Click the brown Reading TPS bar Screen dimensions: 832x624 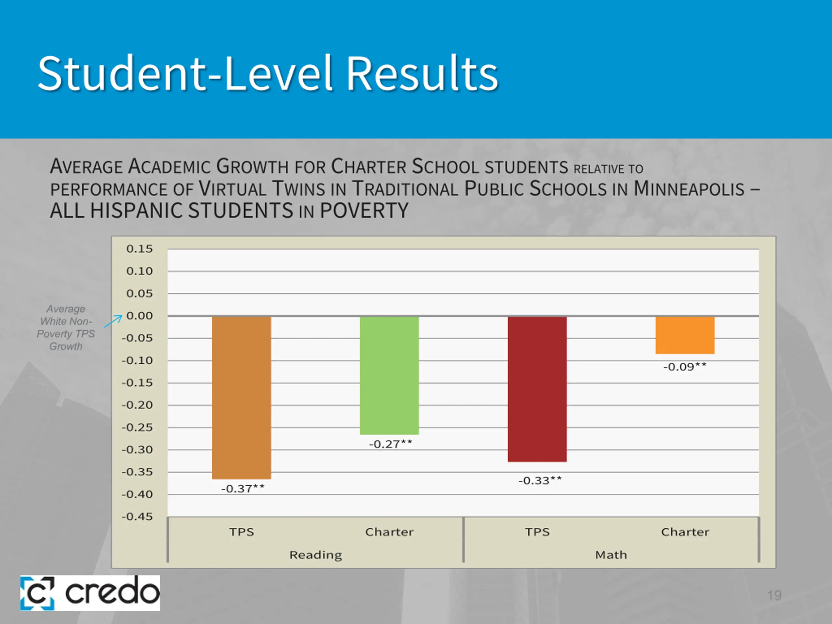(241, 397)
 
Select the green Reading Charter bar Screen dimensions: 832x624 (389, 375)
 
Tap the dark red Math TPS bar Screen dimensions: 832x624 (537, 389)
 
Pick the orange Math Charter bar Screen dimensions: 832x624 (685, 335)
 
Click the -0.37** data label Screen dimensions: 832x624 (242, 488)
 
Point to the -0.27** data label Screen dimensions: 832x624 (390, 444)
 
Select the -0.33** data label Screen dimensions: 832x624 (540, 480)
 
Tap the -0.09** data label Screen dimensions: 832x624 (684, 367)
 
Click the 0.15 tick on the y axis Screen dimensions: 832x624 (139, 249)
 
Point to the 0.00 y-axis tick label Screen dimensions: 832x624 (139, 316)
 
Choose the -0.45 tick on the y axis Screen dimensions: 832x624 (137, 516)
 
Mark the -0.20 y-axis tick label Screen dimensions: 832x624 (137, 405)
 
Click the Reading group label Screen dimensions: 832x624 (316, 555)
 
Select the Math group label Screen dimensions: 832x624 (611, 555)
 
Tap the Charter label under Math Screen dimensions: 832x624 (685, 532)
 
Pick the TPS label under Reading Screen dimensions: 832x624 (241, 532)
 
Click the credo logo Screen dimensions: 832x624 (90, 593)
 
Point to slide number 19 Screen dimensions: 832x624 (774, 595)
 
